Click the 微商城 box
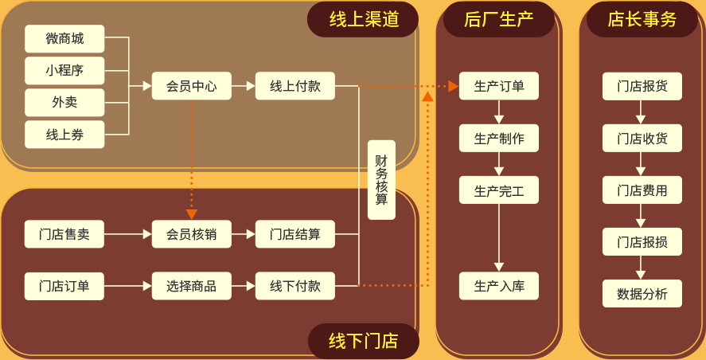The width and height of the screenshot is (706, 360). [x=64, y=38]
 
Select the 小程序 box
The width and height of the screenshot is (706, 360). [x=64, y=70]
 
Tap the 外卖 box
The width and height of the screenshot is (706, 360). [x=64, y=102]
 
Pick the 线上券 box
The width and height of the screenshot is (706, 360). [x=64, y=135]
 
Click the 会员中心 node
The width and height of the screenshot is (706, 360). [x=192, y=86]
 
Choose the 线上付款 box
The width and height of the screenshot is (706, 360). [x=295, y=86]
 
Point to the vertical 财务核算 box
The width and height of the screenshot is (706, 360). [x=381, y=180]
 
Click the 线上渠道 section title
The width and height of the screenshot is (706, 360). [x=363, y=19]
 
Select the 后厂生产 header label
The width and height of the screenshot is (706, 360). [x=499, y=19]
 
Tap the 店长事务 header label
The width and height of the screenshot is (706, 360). [x=642, y=19]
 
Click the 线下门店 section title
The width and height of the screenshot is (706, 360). [x=363, y=341]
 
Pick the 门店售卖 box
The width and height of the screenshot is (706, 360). [x=64, y=234]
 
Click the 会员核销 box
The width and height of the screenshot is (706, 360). [x=192, y=234]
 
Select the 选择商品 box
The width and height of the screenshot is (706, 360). [x=192, y=286]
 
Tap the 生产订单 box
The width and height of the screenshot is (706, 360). [x=499, y=86]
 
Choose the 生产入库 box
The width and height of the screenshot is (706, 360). [x=499, y=286]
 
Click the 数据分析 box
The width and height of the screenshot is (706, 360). [x=642, y=294]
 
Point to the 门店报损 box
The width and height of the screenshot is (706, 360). [x=642, y=242]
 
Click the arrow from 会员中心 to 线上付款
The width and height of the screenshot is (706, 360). [x=244, y=86]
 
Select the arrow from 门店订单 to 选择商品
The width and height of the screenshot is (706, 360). [x=127, y=286]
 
